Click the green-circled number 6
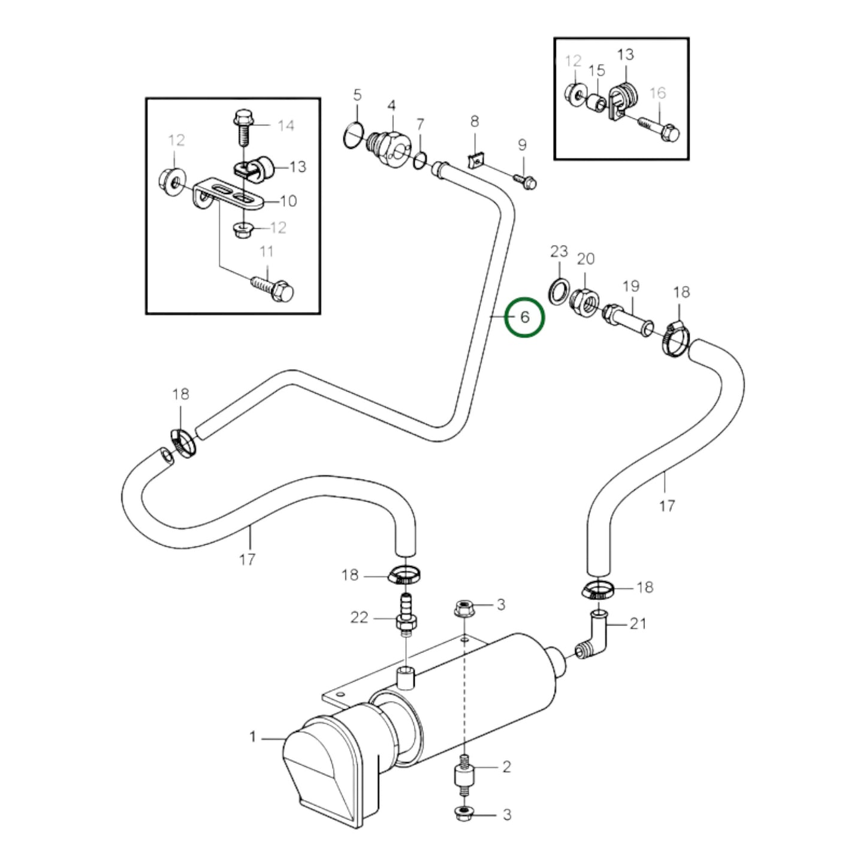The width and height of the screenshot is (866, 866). coord(524,317)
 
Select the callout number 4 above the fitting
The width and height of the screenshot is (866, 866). coord(391,106)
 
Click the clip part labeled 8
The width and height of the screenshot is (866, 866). coord(475,160)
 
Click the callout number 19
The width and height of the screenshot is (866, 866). coord(630,286)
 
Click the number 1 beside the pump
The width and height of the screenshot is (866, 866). coord(253,737)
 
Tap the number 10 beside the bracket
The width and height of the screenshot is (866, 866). coord(288,201)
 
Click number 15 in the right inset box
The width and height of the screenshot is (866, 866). coord(596,71)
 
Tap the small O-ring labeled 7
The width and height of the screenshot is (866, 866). coord(420,159)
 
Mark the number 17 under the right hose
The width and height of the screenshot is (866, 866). coord(666,506)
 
